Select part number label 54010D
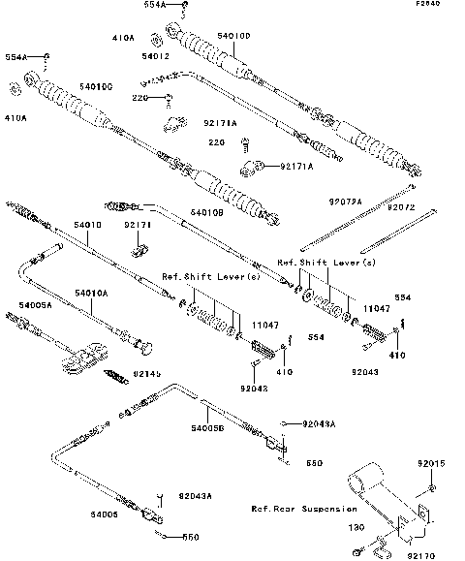point(233,36)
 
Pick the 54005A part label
point(35,304)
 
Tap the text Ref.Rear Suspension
point(303,508)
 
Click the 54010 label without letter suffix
point(87,224)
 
